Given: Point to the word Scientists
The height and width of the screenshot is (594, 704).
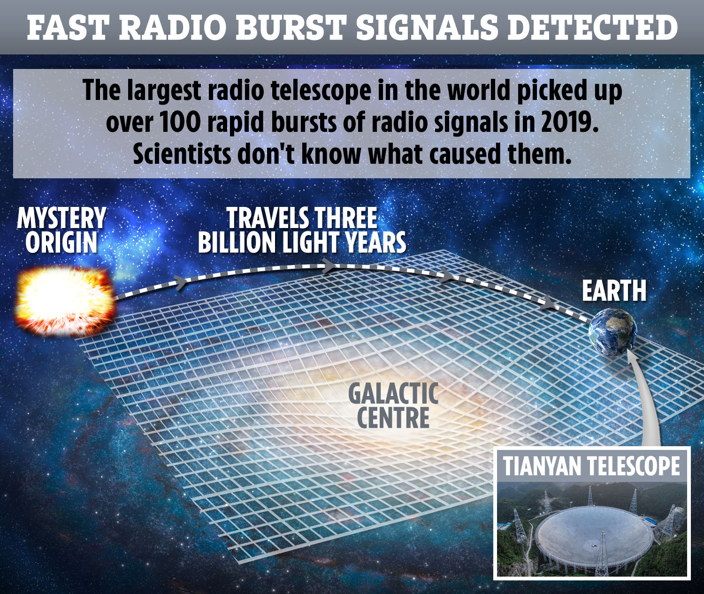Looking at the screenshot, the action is pos(182,154).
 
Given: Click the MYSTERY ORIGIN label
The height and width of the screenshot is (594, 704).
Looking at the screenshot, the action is pos(61,230).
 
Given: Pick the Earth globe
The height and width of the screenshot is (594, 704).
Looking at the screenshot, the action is pos(613,332).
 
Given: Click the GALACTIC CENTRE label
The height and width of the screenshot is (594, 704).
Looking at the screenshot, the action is pos(393,405).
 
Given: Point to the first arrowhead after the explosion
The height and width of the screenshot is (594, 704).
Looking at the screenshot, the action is pos(181,282).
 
